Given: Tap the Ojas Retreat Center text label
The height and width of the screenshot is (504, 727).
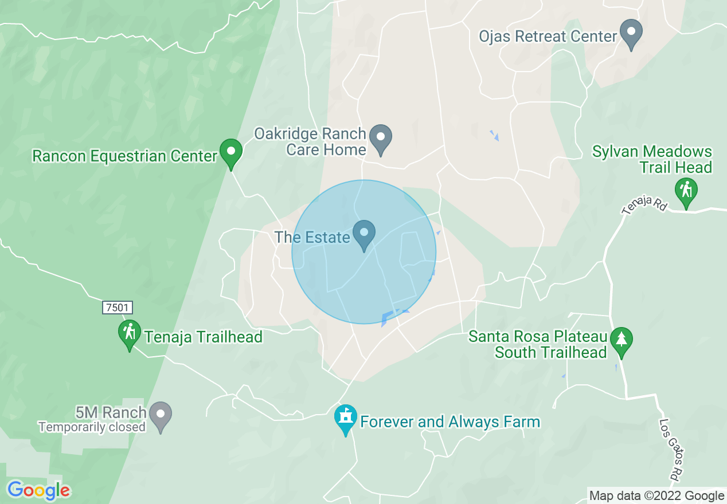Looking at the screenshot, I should (549, 37).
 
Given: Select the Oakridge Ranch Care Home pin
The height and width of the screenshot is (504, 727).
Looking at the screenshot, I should (380, 139).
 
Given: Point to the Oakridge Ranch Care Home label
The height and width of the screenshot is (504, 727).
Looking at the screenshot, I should (310, 142).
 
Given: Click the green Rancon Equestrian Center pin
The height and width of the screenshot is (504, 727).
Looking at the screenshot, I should (231, 153).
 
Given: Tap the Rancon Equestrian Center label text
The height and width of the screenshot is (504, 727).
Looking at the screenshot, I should (125, 156).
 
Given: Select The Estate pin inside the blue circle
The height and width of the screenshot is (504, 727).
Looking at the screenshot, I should (363, 234).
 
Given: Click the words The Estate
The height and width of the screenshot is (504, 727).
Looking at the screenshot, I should (312, 237).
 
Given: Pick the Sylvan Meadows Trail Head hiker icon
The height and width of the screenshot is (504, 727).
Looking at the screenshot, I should (686, 192).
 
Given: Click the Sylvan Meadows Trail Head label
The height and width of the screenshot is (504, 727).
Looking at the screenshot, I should (652, 160).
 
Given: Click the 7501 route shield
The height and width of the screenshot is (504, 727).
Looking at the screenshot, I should (117, 308).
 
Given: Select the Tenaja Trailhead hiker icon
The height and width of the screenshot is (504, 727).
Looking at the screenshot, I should (130, 333).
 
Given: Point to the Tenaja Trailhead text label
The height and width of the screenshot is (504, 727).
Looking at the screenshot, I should (204, 337).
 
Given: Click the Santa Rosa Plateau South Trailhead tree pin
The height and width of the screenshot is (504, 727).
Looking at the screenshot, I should (621, 341).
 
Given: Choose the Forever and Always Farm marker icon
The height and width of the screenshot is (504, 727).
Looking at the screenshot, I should (346, 419).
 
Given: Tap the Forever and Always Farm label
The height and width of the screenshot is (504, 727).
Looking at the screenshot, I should (450, 422).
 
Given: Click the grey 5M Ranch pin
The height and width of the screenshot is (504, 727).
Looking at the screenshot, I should (160, 415).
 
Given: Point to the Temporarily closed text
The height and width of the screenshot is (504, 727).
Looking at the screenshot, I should (92, 427).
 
